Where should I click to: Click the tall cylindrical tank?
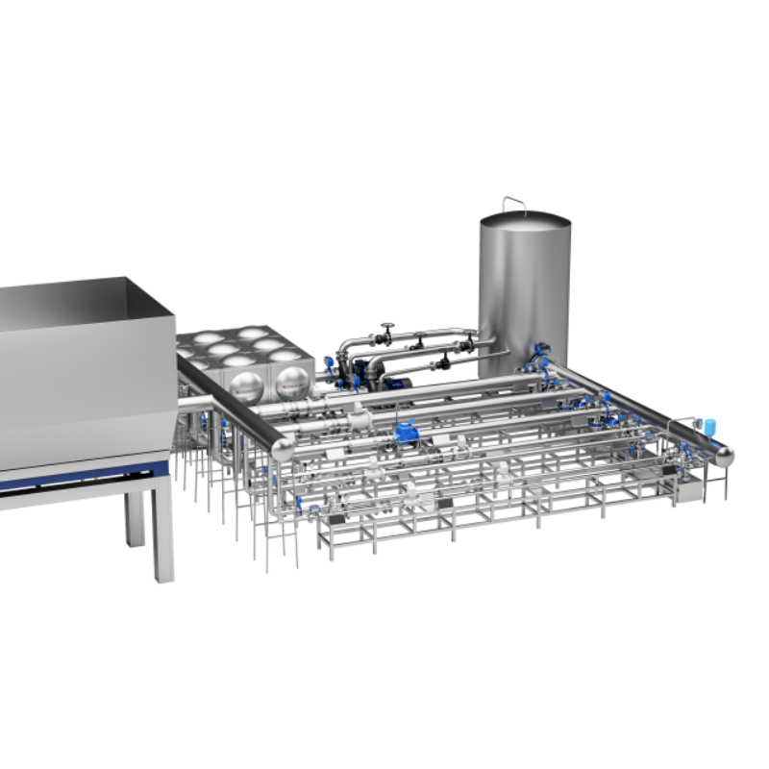point(524,288)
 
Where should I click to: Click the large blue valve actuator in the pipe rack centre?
point(407,432)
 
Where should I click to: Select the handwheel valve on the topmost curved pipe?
point(387,332)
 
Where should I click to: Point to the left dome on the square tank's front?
point(244,384)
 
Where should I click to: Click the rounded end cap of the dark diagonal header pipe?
point(283,449)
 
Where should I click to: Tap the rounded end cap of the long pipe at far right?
point(723,456)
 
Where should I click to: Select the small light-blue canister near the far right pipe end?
point(710,425)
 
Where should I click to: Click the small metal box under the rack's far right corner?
point(688,492)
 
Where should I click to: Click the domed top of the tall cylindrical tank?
point(525,220)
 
